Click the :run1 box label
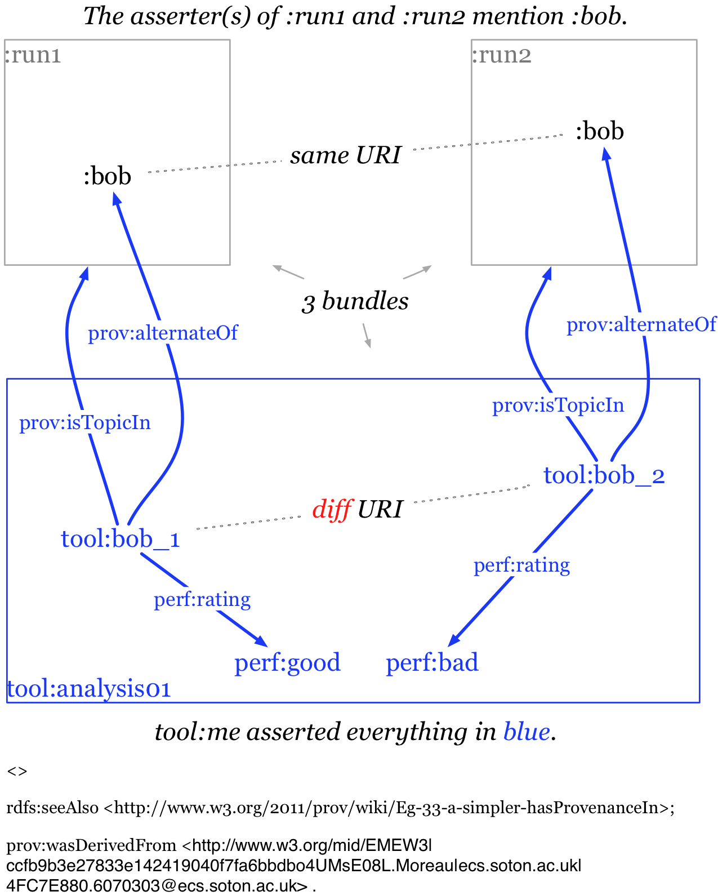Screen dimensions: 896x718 33,55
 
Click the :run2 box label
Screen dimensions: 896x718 501,55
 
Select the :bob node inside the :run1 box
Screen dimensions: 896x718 107,176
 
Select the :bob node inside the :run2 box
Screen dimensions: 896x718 599,131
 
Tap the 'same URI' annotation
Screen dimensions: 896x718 345,155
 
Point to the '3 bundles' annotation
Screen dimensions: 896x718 355,302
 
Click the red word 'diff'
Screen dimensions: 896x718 332,509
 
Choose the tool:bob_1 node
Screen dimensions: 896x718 120,539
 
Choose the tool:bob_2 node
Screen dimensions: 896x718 604,476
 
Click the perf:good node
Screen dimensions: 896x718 287,662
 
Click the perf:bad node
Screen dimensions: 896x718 432,662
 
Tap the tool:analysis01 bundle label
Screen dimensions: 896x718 88,689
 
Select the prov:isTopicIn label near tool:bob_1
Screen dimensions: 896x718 85,422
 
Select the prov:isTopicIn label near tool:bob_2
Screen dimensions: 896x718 558,405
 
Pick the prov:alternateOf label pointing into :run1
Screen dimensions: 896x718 163,333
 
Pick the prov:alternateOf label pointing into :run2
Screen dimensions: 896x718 641,324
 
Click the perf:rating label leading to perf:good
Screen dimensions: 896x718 202,599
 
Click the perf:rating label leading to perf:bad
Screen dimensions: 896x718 521,565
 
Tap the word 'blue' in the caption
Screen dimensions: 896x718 527,732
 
